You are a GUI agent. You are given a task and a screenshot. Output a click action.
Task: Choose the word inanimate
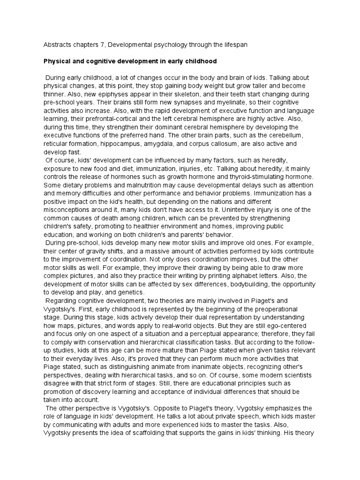[199, 366]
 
